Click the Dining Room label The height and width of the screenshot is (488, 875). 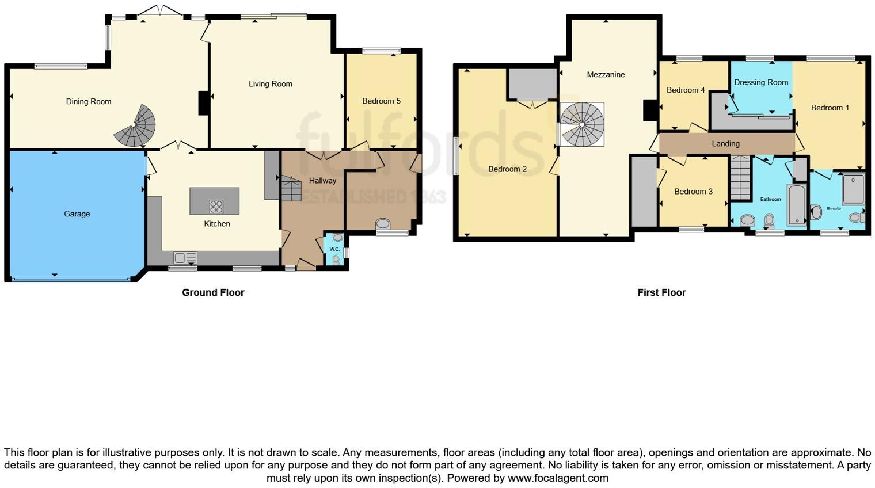pos(89,102)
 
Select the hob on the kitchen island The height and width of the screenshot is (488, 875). pos(216,206)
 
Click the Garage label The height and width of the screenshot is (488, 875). pos(77,214)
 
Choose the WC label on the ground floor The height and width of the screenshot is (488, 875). pos(334,249)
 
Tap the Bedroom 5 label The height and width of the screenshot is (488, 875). pos(381,101)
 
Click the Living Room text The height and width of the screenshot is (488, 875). pos(270,84)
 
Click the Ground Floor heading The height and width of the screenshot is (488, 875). pos(213,292)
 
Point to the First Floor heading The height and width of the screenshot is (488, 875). pos(661,292)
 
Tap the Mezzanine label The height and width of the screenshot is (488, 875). pos(606,75)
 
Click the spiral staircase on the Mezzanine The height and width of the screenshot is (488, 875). pos(582,124)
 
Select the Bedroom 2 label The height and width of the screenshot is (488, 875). pos(507,169)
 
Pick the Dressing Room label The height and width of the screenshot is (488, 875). pos(761,82)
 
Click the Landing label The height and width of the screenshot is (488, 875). pos(725,144)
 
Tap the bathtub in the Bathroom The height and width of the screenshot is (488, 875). pos(797,205)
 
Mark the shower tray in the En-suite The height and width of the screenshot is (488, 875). pos(853,189)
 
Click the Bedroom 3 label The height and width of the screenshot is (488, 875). pos(693,192)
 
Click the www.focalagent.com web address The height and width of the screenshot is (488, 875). pos(558,478)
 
